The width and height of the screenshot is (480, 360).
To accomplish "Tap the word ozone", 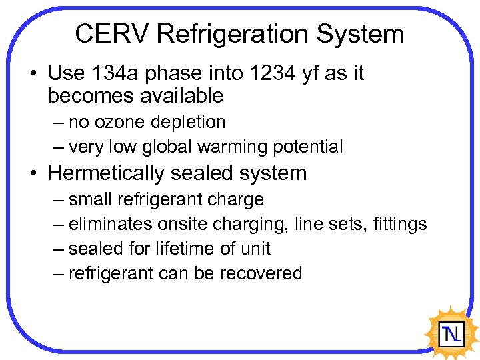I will pyautogui.click(x=117, y=123).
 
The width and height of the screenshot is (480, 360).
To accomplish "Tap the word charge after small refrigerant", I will pyautogui.click(x=236, y=200).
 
